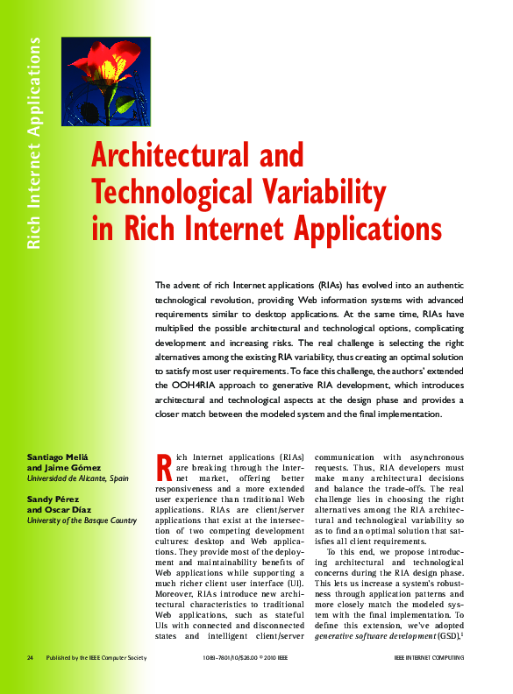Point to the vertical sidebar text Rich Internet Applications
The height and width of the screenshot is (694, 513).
point(35,144)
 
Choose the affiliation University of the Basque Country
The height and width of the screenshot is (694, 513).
point(82,520)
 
